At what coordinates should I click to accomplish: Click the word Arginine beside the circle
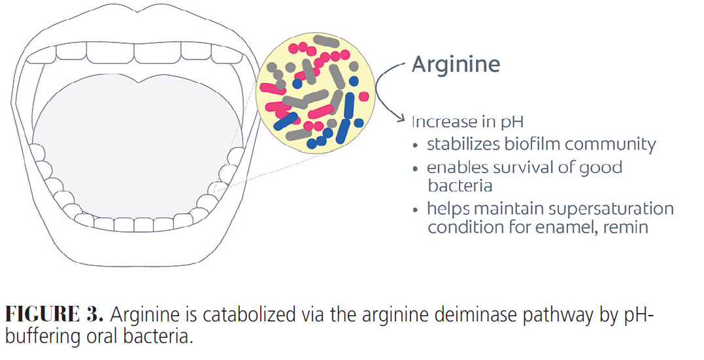(455, 65)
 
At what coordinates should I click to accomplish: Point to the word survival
(514, 168)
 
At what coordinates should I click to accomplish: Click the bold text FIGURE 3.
(54, 315)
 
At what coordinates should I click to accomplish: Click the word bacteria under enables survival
(460, 186)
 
